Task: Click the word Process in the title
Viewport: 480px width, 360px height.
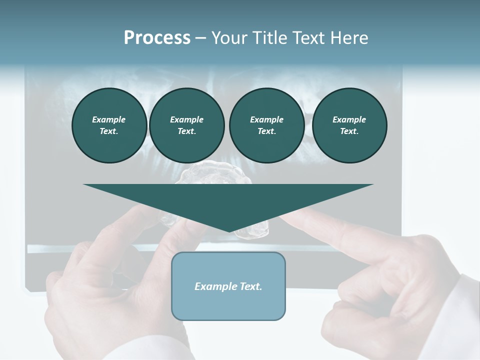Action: [157, 38]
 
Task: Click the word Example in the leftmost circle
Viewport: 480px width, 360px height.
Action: [109, 119]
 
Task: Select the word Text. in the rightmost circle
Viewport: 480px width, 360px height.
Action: [349, 131]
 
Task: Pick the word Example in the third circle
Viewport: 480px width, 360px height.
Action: [266, 119]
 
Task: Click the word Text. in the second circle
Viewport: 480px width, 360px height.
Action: [186, 131]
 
